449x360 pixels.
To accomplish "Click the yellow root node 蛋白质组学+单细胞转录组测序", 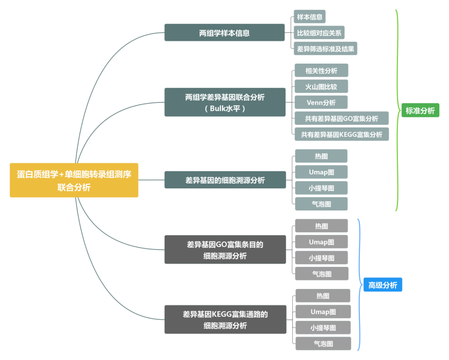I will (x=74, y=180).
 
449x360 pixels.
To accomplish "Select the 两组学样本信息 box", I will (x=224, y=33).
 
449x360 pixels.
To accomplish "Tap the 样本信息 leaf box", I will (x=309, y=17).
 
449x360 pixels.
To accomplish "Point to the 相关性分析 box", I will (x=321, y=71).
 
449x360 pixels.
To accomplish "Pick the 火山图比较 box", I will (x=321, y=86).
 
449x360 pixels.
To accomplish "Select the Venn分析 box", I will (x=321, y=102).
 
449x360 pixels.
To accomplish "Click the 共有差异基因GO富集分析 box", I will (x=341, y=118).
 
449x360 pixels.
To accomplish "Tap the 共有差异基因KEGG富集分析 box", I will (x=341, y=134).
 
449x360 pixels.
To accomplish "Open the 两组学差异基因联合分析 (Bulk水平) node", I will (x=224, y=102).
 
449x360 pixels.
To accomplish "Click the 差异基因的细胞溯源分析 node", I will (x=225, y=180).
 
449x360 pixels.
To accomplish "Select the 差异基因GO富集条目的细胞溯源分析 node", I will (x=225, y=250).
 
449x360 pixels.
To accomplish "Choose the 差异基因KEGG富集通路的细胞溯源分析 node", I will (x=225, y=320).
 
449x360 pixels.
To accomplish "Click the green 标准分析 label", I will (x=420, y=111).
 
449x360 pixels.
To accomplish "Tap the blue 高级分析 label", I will (x=382, y=285).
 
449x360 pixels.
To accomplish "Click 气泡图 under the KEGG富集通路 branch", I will (x=323, y=344).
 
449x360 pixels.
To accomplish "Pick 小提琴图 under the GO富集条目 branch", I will (x=321, y=258).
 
